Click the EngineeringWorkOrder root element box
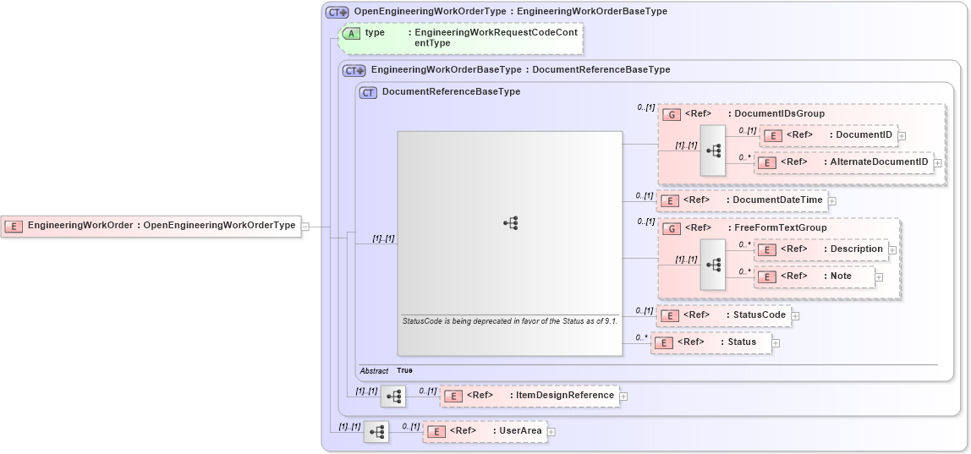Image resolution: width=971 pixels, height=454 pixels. (151, 226)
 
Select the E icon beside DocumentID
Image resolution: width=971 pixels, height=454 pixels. (772, 135)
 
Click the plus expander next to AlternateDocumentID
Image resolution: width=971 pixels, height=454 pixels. (937, 163)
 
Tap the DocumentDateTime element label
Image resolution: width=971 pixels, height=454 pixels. (777, 200)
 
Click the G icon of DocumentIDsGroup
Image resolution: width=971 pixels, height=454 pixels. (671, 114)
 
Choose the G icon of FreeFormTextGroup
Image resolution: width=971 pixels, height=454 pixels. (671, 228)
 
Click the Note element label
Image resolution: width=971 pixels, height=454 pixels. (841, 276)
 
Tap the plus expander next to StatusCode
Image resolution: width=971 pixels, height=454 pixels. (795, 316)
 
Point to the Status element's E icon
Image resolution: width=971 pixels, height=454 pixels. (665, 342)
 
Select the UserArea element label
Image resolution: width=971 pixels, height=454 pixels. (519, 431)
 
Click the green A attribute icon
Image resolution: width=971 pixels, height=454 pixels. (351, 33)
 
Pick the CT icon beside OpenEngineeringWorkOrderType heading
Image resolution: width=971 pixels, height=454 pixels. (337, 13)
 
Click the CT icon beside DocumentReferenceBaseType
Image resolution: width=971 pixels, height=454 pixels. (368, 92)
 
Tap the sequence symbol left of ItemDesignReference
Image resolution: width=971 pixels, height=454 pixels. (393, 396)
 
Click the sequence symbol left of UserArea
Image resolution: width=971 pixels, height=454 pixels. (376, 431)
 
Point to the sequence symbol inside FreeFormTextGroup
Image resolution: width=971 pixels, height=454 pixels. (713, 264)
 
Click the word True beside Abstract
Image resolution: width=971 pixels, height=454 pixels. (404, 371)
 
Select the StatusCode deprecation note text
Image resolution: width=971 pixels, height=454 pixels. (509, 321)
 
